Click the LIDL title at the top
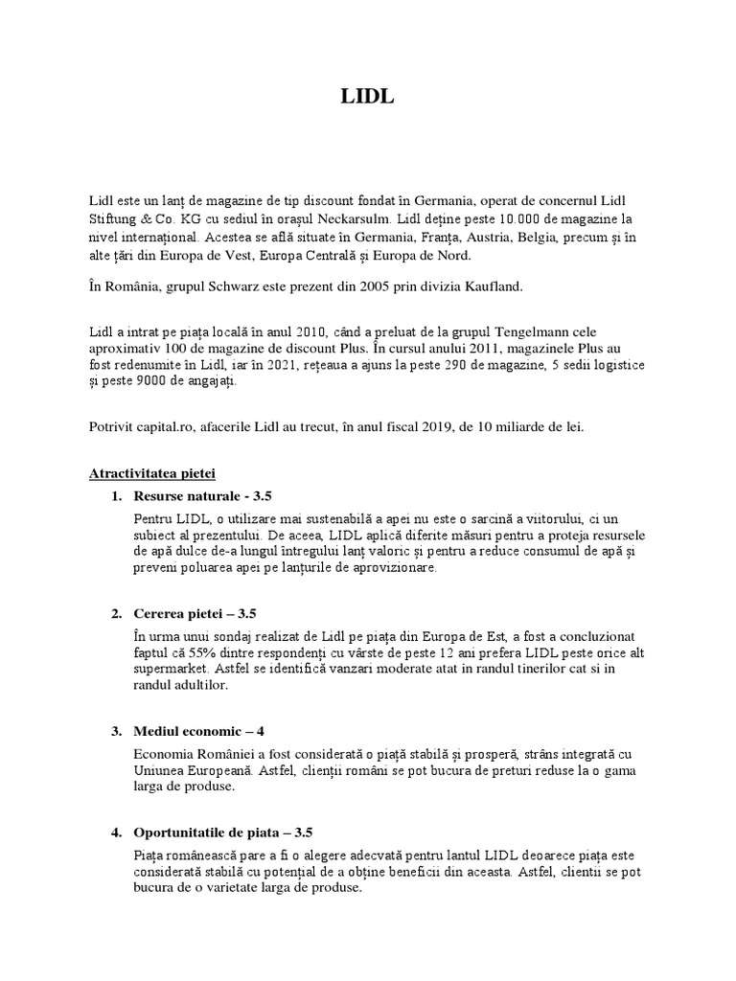(x=367, y=98)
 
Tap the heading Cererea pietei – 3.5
(x=195, y=613)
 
